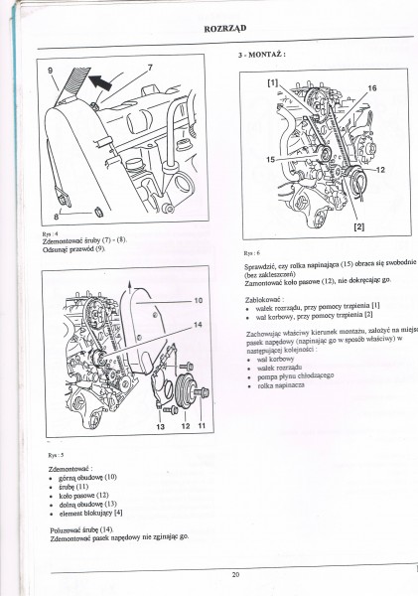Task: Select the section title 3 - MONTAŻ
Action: click(262, 55)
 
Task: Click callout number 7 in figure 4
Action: click(150, 68)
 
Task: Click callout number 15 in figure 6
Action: click(270, 159)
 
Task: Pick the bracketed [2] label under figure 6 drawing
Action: click(358, 228)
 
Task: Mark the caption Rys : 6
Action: click(251, 252)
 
